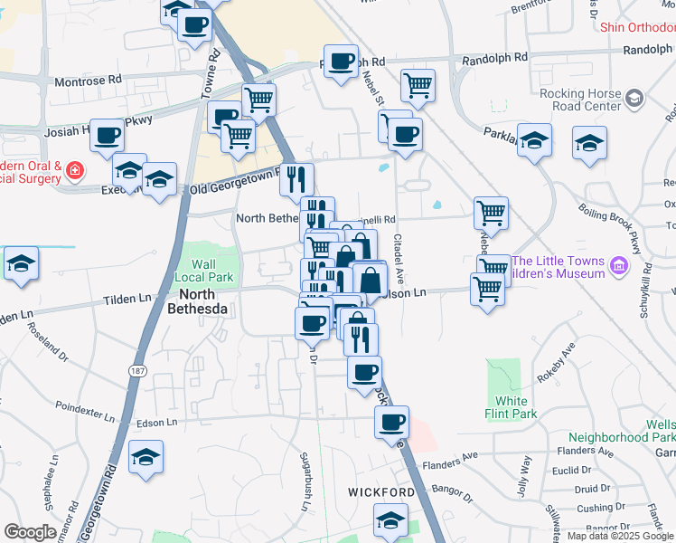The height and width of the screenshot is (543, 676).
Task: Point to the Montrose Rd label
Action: click(88, 80)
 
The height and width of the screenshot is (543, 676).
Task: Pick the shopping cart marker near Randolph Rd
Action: click(418, 85)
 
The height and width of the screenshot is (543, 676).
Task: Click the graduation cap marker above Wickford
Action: click(390, 520)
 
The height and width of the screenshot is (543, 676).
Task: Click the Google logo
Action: click(30, 532)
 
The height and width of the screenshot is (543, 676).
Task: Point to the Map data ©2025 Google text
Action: click(619, 536)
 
